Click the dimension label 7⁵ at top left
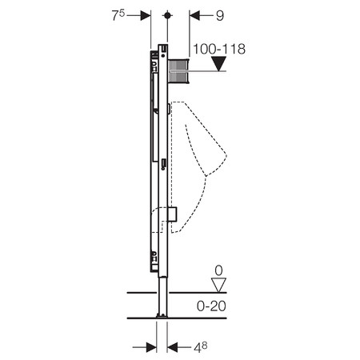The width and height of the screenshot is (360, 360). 118,15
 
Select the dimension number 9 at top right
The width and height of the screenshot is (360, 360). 220,16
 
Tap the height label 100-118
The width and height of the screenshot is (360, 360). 219,49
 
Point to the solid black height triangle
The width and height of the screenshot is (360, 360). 218,64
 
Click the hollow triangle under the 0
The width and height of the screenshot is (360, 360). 218,285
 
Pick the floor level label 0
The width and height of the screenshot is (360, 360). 218,270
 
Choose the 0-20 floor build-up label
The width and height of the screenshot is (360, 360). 211,306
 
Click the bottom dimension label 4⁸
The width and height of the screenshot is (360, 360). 201,347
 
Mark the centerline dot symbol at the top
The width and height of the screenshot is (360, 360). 167,15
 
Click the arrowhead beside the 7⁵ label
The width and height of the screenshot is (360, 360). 146,15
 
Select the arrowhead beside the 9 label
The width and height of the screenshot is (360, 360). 194,15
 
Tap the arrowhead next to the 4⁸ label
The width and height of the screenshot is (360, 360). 172,347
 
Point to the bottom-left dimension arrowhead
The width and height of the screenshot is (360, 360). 151,347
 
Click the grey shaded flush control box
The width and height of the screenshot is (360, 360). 178,71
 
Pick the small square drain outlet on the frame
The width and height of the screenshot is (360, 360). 172,214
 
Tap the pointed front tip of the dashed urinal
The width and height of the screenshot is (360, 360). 226,155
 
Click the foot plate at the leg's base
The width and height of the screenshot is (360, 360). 162,316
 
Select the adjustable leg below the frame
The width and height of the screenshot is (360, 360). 162,296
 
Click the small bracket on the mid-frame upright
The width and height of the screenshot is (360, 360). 163,164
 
